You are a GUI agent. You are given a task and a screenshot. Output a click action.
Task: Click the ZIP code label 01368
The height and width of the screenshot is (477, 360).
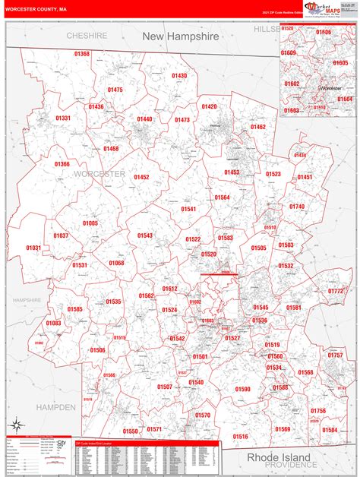(x=82, y=54)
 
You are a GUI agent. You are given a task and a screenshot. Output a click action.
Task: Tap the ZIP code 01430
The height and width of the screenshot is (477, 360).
(x=179, y=75)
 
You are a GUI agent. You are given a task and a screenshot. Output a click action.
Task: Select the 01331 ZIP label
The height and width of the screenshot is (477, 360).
(x=63, y=118)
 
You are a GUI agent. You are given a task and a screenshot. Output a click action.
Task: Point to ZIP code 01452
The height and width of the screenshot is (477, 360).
(x=141, y=177)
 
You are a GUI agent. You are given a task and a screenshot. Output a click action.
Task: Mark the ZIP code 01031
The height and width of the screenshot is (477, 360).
(x=33, y=248)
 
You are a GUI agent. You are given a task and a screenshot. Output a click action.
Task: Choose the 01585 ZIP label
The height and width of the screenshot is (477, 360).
(x=74, y=309)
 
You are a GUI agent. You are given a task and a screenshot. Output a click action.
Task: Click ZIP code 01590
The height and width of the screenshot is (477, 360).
(x=242, y=389)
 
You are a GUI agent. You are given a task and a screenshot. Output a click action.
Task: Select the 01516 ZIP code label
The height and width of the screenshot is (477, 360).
(x=240, y=436)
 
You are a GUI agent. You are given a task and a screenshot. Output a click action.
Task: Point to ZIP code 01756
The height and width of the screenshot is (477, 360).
(x=318, y=411)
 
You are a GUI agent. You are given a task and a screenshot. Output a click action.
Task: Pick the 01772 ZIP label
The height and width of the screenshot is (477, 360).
(x=336, y=291)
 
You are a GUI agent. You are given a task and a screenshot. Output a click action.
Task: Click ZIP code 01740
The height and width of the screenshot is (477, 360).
(x=297, y=207)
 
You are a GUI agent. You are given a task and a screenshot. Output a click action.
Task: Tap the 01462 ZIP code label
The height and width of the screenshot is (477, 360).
(x=258, y=127)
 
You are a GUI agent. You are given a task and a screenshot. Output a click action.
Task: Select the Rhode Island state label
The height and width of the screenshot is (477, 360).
(x=278, y=457)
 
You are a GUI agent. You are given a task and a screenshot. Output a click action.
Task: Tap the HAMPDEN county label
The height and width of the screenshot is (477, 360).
(x=56, y=407)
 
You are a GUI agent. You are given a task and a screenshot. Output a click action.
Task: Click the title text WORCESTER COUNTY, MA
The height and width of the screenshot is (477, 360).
(x=36, y=10)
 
